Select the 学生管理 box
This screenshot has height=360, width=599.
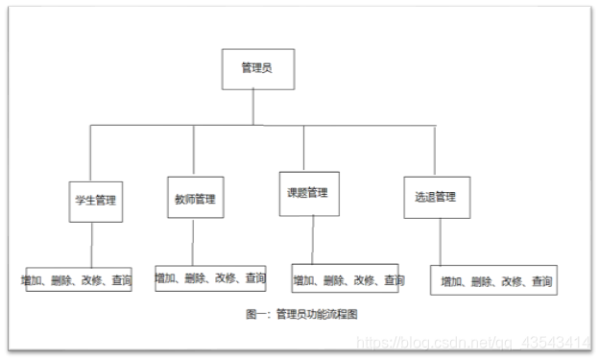(x=95, y=202)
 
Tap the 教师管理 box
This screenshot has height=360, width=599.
(x=194, y=200)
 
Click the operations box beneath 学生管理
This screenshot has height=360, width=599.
(x=78, y=280)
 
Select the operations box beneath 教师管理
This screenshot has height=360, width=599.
(x=211, y=278)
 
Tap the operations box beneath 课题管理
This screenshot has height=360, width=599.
(x=346, y=279)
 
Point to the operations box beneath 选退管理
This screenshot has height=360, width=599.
(x=494, y=280)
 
